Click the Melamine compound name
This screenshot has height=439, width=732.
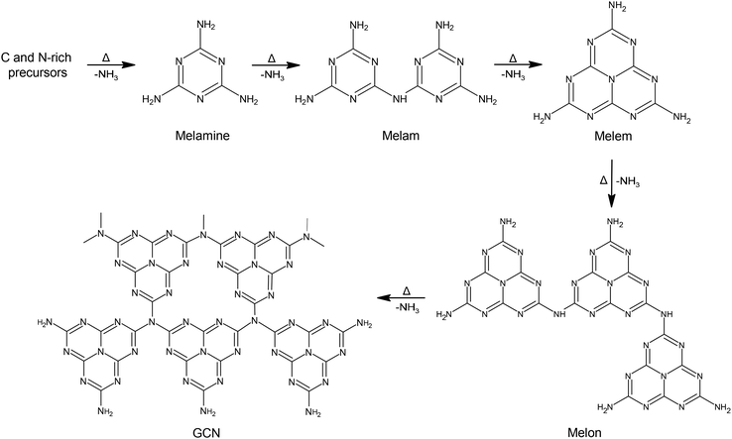pos(202,136)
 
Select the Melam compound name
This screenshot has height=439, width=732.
pos(401,136)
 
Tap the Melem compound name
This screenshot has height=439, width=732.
pos(613,136)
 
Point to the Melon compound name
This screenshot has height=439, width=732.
pos(584,433)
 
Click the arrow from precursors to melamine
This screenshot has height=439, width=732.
pos(111,65)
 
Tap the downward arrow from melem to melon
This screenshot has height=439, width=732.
pos(612,183)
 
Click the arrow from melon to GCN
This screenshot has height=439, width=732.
pos(401,297)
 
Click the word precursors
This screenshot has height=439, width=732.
pos(38,72)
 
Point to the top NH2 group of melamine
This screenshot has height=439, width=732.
pos(206,26)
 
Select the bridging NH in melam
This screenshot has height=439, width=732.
pos(400,99)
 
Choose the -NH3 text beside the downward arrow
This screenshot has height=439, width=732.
pos(628,183)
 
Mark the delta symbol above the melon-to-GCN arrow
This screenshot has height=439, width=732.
pos(406,290)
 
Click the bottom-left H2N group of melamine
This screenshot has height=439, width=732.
pos(151,99)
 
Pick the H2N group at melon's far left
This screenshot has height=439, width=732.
pos(444,314)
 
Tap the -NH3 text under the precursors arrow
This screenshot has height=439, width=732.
pos(106,74)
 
